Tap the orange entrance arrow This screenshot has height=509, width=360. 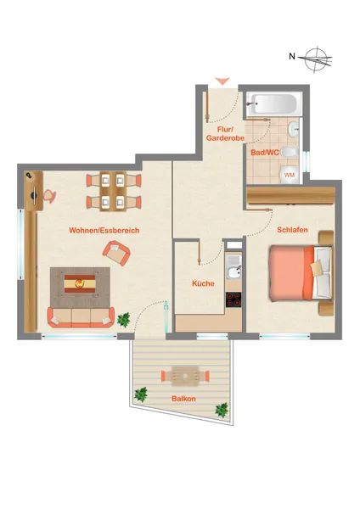click(x=222, y=81)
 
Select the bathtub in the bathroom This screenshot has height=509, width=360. click(x=274, y=104)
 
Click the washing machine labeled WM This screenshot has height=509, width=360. click(x=290, y=175)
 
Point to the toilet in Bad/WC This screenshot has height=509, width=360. click(x=290, y=152)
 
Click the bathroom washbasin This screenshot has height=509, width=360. click(x=294, y=129)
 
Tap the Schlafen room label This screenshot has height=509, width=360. click(x=292, y=230)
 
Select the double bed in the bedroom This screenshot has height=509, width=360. click(x=301, y=272)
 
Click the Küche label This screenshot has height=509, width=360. click(x=203, y=283)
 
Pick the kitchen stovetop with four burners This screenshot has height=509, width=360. click(x=233, y=299)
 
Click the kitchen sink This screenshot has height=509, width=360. click(x=233, y=267)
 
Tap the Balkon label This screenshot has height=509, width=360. click(x=183, y=399)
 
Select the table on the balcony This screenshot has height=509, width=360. click(x=185, y=376)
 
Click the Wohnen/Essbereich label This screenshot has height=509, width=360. click(x=104, y=231)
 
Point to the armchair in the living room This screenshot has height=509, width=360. click(x=116, y=253)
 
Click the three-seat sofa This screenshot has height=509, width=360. click(x=81, y=317)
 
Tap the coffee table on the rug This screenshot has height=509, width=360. click(x=80, y=284)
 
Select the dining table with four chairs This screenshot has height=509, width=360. click(x=113, y=192)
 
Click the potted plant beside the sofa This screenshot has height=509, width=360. click(x=124, y=320)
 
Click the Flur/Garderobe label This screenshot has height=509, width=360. click(x=225, y=134)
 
